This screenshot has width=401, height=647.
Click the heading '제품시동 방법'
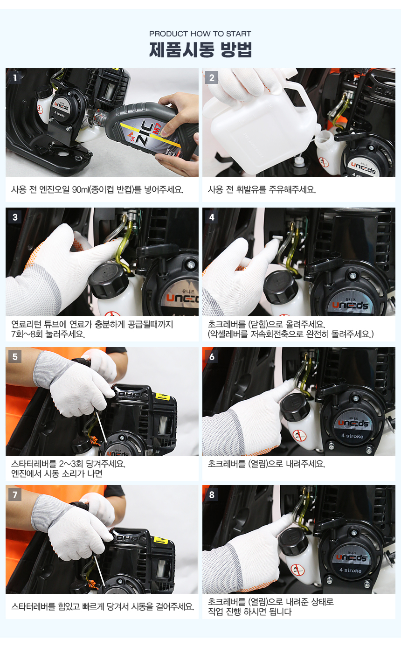[200, 49]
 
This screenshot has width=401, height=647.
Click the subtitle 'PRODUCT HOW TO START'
[200, 34]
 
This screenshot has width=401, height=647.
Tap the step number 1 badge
[15, 77]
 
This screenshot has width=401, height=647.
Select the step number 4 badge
[212, 217]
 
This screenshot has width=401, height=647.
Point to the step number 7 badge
[15, 495]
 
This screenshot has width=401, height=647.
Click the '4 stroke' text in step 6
[352, 436]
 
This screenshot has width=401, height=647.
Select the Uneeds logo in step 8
[351, 558]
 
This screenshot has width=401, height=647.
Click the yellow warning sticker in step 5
[163, 396]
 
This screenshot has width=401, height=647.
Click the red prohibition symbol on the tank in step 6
[299, 435]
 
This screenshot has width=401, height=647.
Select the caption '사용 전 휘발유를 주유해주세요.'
[262, 190]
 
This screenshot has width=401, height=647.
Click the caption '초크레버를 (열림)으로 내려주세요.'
[266, 464]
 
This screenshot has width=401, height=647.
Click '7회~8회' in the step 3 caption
[27, 334]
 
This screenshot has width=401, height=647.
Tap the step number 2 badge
[212, 77]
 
